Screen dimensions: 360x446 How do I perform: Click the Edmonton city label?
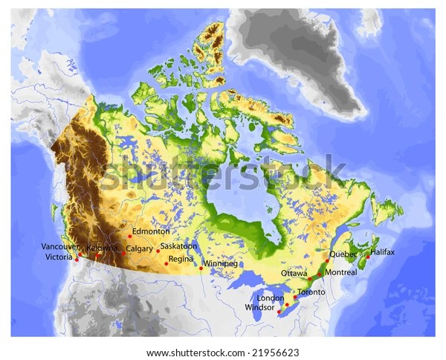pyautogui.click(x=151, y=231)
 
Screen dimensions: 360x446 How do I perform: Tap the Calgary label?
pyautogui.click(x=140, y=248)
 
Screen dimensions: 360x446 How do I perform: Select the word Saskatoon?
pyautogui.click(x=178, y=245)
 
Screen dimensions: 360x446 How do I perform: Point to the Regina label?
pyautogui.click(x=181, y=259)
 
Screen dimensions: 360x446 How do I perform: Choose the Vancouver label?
pyautogui.click(x=60, y=246)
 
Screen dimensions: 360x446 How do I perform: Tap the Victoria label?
pyautogui.click(x=59, y=257)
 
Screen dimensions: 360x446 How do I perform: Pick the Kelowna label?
pyautogui.click(x=102, y=247)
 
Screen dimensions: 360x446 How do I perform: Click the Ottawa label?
pyautogui.click(x=294, y=273)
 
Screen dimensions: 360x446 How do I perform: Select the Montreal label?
pyautogui.click(x=341, y=272)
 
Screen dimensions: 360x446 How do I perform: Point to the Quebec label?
pyautogui.click(x=343, y=254)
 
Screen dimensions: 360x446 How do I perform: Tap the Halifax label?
pyautogui.click(x=384, y=252)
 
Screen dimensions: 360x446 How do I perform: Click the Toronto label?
pyautogui.click(x=311, y=292)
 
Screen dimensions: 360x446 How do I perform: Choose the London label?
pyautogui.click(x=270, y=298)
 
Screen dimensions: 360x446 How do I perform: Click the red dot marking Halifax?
pyautogui.click(x=366, y=257)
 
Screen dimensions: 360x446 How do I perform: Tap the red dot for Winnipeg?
pyautogui.click(x=201, y=269)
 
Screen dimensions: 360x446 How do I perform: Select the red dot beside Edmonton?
pyautogui.click(x=129, y=236)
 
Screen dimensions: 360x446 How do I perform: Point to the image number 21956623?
pyautogui.click(x=277, y=353)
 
